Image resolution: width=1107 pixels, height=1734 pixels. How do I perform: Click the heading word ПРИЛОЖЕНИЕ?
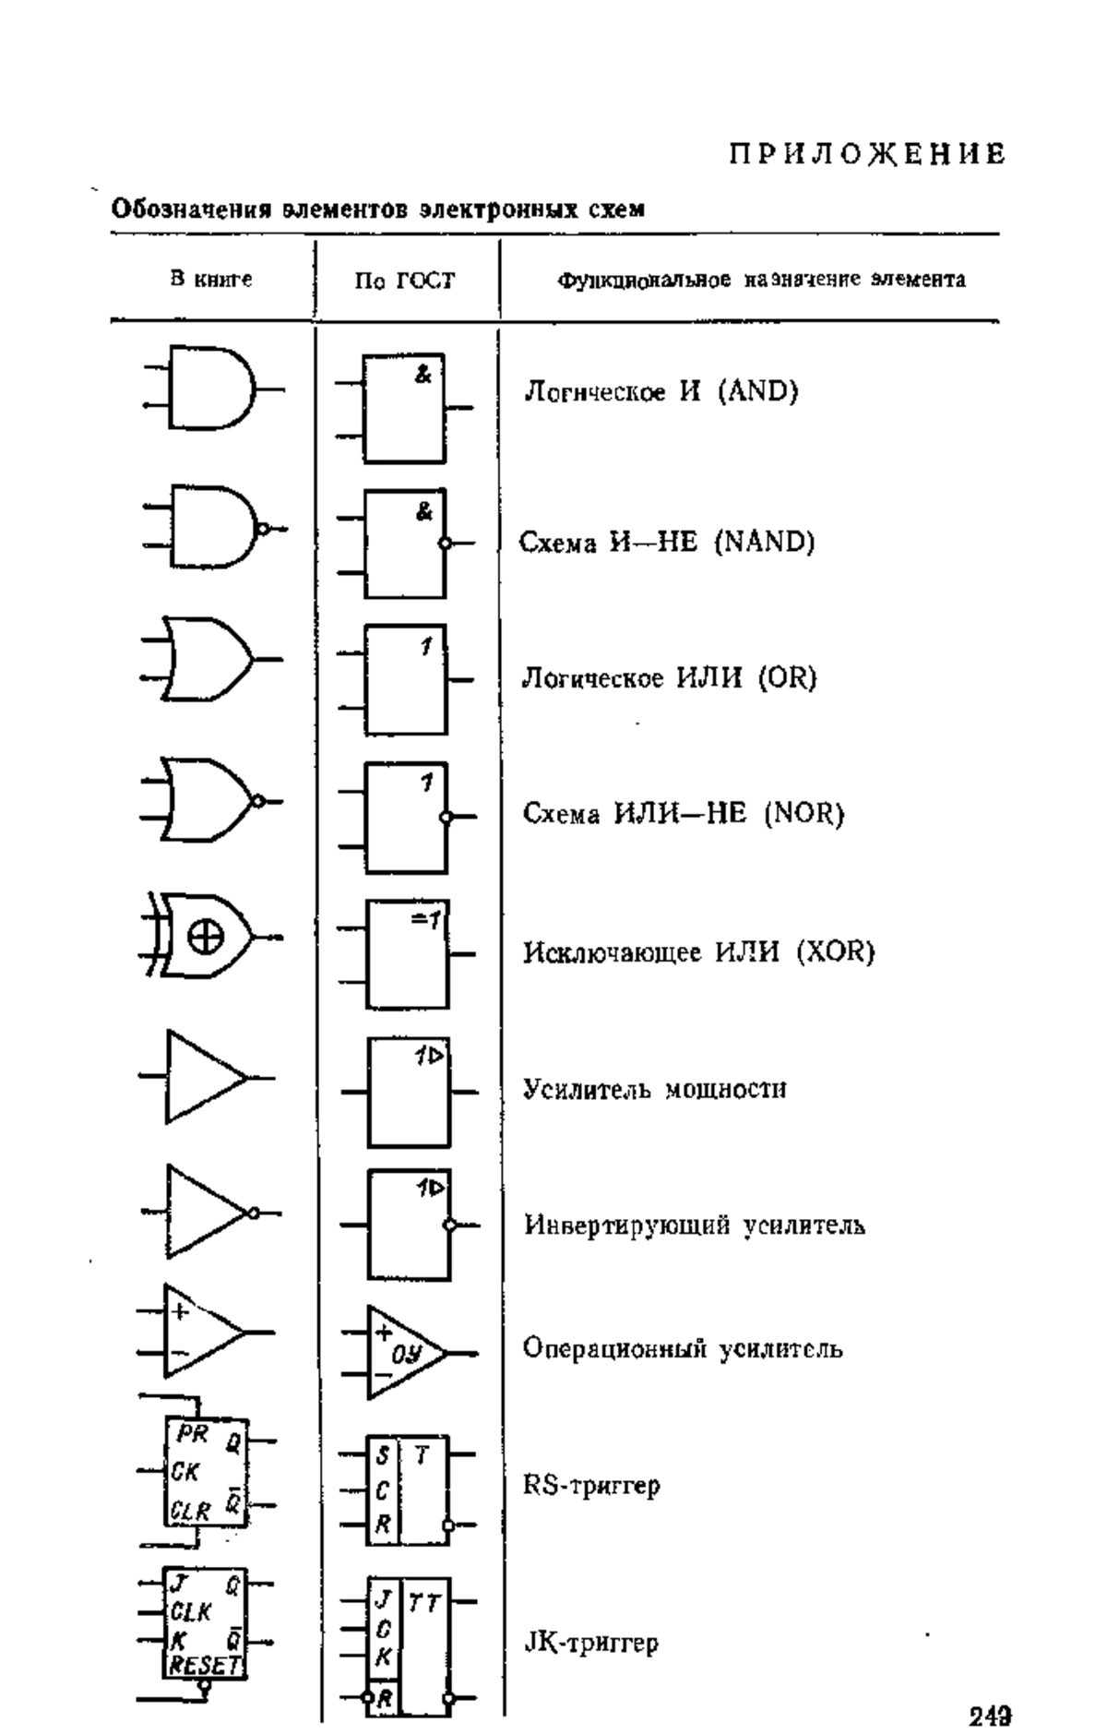[x=867, y=153]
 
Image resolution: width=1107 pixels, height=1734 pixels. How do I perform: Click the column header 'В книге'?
[x=211, y=278]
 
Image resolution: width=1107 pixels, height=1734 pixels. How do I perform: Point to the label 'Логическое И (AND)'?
[x=661, y=391]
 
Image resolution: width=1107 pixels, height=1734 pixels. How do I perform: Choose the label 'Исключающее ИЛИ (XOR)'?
[x=698, y=951]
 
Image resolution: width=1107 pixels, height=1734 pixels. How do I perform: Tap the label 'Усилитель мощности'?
[x=655, y=1089]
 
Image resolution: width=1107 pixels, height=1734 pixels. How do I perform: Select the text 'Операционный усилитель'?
[x=683, y=1349]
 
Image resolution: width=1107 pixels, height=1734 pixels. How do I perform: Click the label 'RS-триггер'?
[x=591, y=1486]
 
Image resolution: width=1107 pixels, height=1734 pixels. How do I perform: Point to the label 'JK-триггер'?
[x=591, y=1644]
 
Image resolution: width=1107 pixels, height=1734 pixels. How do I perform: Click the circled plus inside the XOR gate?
[x=206, y=939]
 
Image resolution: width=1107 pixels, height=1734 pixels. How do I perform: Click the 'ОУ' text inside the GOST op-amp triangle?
[x=407, y=1356]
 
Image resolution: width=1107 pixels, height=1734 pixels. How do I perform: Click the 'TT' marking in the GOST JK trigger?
[x=423, y=1604]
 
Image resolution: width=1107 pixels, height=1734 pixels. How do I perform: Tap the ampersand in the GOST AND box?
[x=423, y=375]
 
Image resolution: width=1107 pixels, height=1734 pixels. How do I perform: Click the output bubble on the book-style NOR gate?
[x=259, y=800]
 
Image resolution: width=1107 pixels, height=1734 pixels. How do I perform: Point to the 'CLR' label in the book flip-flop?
[x=191, y=1512]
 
